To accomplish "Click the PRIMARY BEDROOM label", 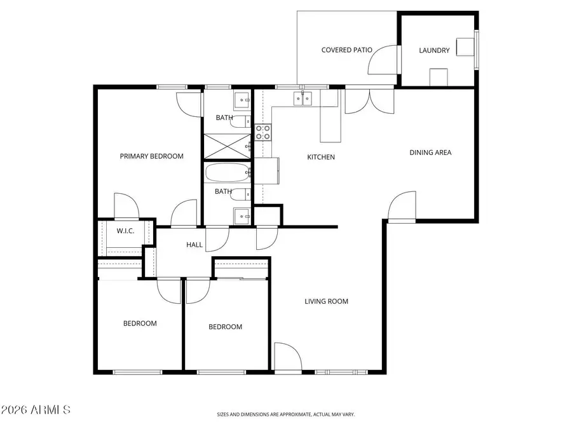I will point(152,156).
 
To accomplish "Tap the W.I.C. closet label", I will point(125,231).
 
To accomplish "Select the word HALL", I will point(194,245).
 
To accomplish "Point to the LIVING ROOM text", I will point(326,301).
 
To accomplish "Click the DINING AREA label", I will point(430,153).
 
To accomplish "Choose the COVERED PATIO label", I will point(346,50).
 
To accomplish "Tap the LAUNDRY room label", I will point(435,50).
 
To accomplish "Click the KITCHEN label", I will point(321,157).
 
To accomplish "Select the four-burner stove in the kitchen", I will point(262,132).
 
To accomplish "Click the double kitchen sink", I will point(303,99).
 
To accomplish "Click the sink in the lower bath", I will point(242,216).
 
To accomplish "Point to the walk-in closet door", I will point(125,205).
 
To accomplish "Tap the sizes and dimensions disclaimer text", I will point(285,414).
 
